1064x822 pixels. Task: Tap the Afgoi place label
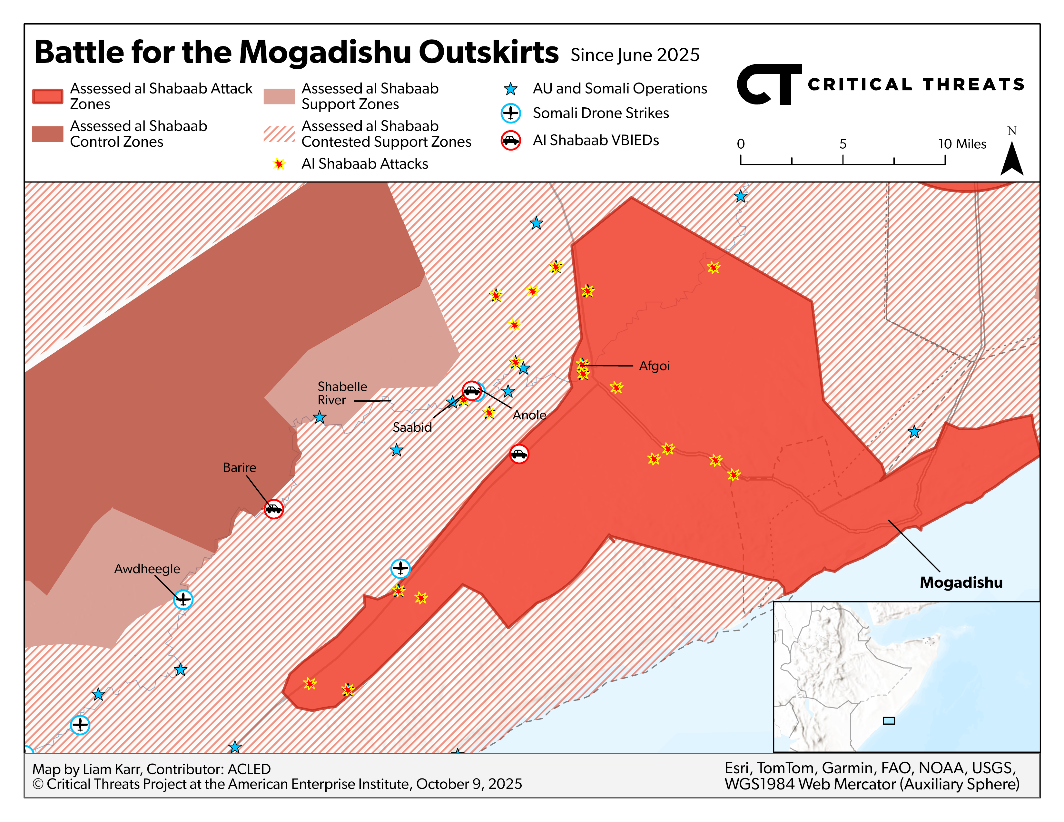[654, 366]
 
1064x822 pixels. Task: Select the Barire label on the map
[239, 467]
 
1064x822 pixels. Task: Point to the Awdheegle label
[147, 569]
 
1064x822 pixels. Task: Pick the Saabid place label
[412, 427]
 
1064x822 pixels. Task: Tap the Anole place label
[529, 415]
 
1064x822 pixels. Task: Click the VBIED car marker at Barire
[274, 509]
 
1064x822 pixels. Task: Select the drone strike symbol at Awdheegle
[183, 599]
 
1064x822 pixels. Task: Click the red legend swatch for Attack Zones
[47, 96]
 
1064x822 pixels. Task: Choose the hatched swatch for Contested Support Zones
[279, 134]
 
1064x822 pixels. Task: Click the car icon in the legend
[511, 141]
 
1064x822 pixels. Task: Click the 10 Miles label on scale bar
[962, 144]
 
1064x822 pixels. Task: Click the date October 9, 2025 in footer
[469, 784]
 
